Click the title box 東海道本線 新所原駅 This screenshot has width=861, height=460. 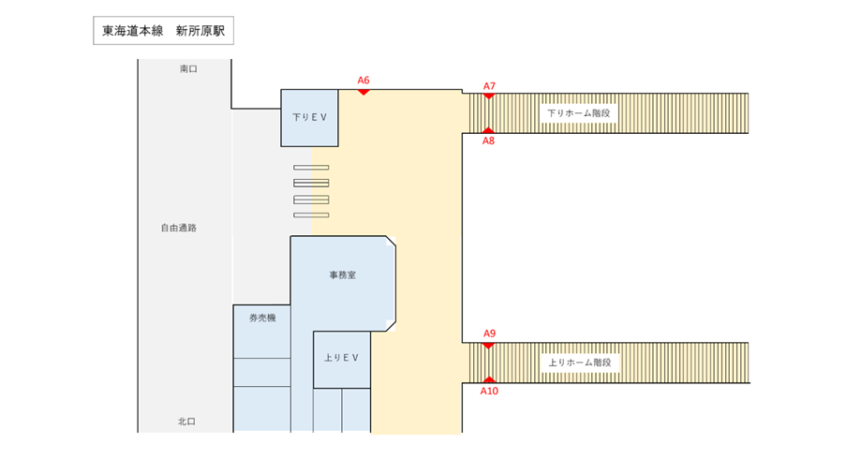(163, 31)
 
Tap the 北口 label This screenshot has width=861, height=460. (186, 422)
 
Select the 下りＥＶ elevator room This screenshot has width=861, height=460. (309, 118)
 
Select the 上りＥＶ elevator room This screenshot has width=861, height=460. (342, 359)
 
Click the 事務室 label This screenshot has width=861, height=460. (342, 275)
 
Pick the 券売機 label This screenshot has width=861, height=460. (261, 319)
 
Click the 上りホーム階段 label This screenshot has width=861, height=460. (579, 363)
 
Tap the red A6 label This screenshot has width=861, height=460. (364, 81)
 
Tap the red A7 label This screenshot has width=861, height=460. (489, 85)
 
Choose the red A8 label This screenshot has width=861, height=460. (488, 141)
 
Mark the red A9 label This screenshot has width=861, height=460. (489, 334)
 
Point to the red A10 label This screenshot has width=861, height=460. (489, 391)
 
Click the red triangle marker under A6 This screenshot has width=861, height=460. (364, 92)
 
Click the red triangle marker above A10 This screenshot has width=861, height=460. (488, 379)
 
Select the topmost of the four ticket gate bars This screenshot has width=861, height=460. (311, 167)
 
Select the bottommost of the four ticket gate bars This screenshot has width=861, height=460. (311, 215)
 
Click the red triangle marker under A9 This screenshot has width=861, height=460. (488, 345)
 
